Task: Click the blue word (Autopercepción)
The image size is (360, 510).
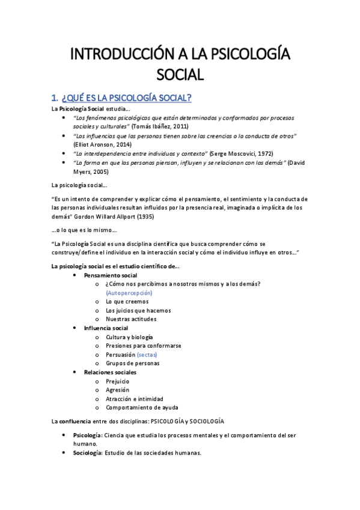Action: click(129, 292)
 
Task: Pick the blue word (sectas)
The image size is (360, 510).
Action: click(147, 355)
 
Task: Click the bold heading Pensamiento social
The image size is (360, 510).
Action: click(111, 275)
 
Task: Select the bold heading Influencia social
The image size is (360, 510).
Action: click(106, 328)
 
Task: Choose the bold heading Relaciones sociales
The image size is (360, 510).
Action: click(110, 372)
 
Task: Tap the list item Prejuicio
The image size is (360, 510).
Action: click(117, 381)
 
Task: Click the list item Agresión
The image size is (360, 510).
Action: click(117, 390)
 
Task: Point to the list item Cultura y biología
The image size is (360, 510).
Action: click(129, 337)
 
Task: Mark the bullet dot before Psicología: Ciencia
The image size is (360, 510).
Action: click(65, 435)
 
